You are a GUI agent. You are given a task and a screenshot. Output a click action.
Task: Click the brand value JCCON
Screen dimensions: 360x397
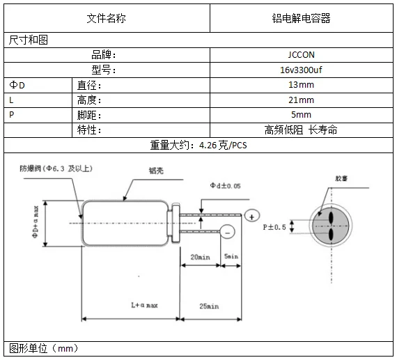pos(301,54)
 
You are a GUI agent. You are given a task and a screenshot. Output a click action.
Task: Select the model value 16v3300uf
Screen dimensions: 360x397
pos(301,70)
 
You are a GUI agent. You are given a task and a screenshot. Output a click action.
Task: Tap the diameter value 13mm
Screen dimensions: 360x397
pos(301,85)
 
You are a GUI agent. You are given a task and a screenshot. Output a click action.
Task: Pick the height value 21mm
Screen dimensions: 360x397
pos(301,100)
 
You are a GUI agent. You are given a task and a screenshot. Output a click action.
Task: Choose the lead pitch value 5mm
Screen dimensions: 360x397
pos(301,115)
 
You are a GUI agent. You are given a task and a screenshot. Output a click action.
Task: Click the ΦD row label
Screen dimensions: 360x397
pos(17,85)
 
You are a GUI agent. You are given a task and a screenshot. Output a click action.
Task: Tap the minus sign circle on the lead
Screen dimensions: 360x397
pos(227,232)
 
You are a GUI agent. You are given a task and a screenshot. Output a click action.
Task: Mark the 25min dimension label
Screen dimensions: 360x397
pos(208,306)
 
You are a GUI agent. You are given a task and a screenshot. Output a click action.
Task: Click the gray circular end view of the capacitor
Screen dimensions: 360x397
pos(329,226)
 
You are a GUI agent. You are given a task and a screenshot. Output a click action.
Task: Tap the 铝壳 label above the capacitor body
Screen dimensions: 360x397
pos(156,170)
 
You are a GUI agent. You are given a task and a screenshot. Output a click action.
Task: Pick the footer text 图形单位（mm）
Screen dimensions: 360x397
pos(43,347)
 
